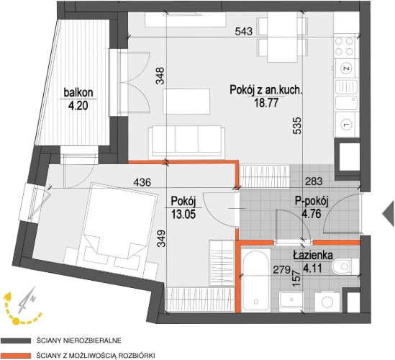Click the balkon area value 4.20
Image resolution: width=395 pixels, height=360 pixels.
[78, 106]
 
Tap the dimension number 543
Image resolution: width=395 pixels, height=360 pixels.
[244, 32]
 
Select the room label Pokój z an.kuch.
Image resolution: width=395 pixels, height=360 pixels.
[265, 90]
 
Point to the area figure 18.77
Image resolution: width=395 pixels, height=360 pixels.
[266, 103]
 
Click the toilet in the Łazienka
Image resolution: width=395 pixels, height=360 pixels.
[342, 266]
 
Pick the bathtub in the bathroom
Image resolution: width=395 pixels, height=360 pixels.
[255, 281]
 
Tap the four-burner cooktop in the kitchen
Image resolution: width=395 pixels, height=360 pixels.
[344, 46]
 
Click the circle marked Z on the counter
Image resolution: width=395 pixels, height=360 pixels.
[346, 68]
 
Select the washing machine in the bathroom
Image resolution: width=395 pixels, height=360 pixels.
[327, 301]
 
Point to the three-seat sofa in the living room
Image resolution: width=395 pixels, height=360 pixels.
[187, 142]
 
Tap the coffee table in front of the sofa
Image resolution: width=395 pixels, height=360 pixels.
[186, 101]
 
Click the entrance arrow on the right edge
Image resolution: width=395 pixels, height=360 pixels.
[389, 213]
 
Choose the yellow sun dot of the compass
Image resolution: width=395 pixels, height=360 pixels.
[16, 321]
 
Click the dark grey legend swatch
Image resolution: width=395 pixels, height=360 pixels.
[16, 341]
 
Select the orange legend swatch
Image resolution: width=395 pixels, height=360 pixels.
[16, 356]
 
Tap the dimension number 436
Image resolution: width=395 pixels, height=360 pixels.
[142, 181]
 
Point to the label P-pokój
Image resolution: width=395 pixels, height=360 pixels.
[312, 202]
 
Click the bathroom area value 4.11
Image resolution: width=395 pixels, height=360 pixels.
[312, 268]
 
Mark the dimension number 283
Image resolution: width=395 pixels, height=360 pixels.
[314, 181]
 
